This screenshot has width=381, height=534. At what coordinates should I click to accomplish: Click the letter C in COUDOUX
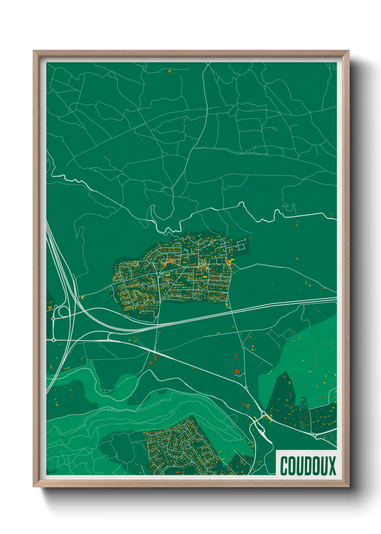click(284, 466)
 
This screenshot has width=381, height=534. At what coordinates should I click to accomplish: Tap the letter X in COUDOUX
click(331, 466)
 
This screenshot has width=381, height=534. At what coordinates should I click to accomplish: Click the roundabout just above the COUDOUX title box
click(315, 436)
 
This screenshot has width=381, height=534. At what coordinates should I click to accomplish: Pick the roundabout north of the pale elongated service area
click(263, 413)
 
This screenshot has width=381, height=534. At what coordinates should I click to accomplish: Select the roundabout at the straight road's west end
click(54, 340)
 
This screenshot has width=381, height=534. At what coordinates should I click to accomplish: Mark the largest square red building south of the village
click(237, 371)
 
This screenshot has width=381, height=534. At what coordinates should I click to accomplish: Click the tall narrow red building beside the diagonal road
click(156, 358)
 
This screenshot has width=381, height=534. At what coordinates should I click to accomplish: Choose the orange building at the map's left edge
click(50, 307)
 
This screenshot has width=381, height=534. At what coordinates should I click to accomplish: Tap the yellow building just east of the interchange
click(82, 298)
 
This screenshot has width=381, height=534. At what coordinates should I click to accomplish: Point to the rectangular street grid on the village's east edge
click(241, 246)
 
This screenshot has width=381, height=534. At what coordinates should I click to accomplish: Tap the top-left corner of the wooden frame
click(33, 51)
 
